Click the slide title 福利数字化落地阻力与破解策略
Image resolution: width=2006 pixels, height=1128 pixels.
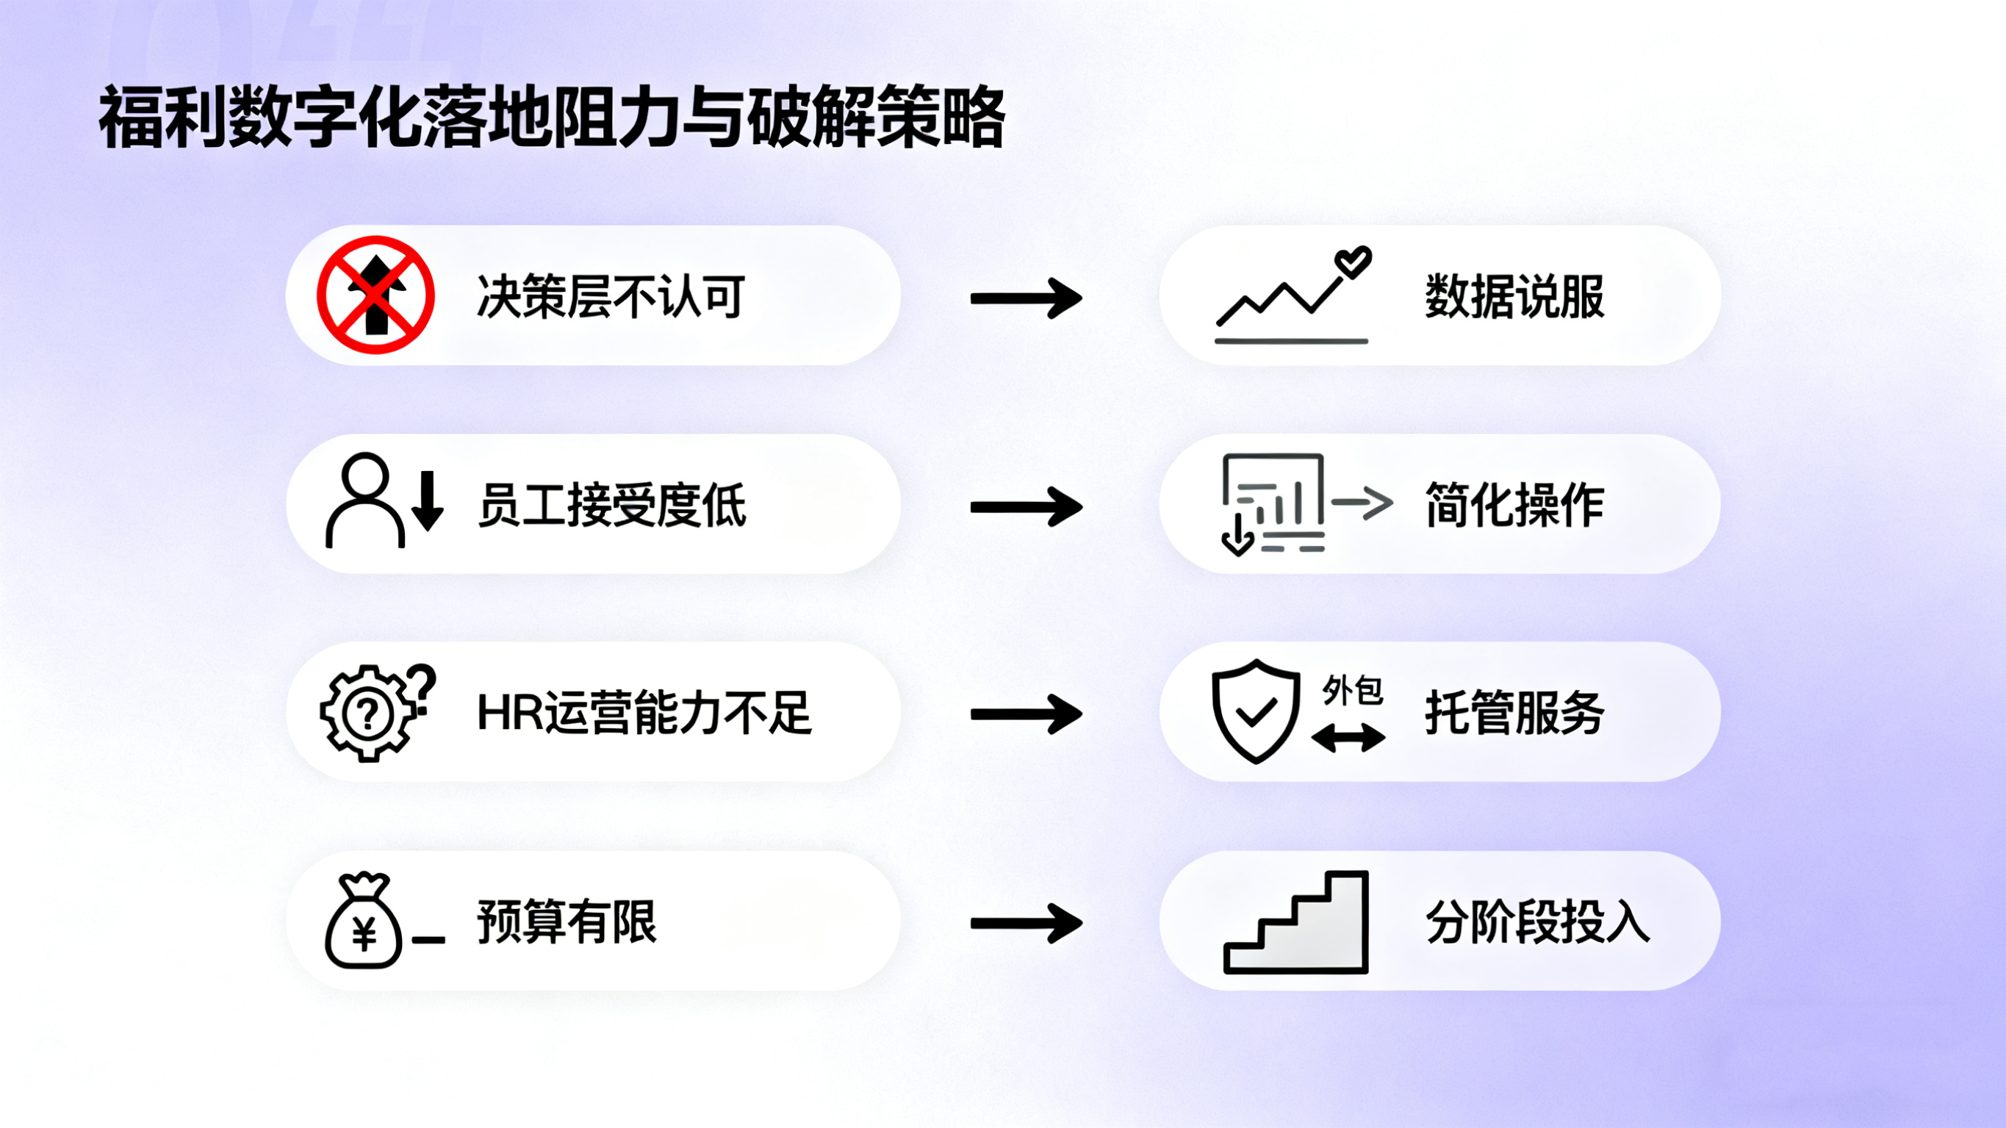[551, 118]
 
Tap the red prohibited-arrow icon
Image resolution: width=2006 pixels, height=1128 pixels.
[375, 295]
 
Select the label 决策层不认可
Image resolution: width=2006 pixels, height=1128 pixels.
[611, 297]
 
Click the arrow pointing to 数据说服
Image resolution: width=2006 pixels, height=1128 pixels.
[1026, 298]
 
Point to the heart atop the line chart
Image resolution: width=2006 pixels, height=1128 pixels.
[1353, 262]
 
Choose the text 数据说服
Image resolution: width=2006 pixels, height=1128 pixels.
[1514, 297]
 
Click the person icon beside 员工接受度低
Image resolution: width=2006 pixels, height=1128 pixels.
[364, 501]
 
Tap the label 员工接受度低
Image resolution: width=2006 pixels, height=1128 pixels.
[611, 505]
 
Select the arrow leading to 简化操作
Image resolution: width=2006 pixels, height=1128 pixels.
[1026, 507]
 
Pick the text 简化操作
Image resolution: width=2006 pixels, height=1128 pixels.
[1514, 505]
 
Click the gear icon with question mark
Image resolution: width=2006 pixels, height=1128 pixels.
[368, 713]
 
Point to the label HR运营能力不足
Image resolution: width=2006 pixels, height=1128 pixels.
[644, 713]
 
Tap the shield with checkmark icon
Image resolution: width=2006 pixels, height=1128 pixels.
[1255, 711]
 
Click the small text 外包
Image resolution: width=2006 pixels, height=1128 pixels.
[1352, 690]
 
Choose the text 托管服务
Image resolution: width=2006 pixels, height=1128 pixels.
[1514, 713]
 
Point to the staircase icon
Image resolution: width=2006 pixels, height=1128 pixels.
[1295, 923]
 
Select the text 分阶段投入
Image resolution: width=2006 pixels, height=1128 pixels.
[1537, 922]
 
